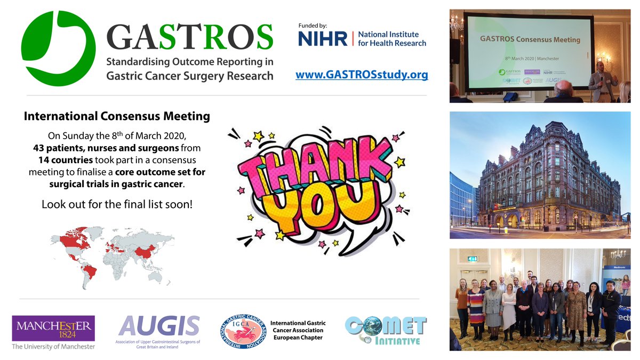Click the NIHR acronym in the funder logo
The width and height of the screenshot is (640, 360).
pos(322,38)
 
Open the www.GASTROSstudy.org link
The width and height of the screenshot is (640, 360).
pos(362,75)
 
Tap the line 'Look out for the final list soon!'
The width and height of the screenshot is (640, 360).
pos(117,204)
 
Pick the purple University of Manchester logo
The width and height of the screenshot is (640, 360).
pos(53,329)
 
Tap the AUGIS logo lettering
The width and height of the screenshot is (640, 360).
pos(159,326)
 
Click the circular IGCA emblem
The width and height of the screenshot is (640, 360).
pos(243,331)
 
